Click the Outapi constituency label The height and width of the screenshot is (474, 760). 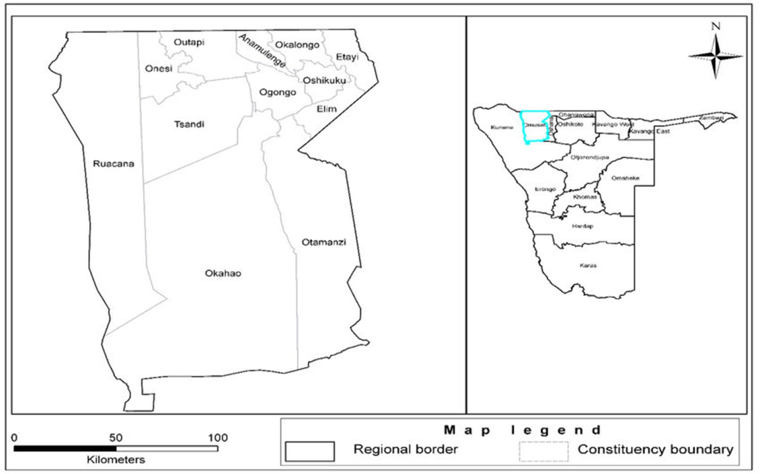(x=189, y=42)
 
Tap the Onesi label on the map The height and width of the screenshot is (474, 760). (x=159, y=69)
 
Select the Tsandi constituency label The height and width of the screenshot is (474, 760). (x=189, y=124)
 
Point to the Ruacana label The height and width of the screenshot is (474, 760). (x=113, y=163)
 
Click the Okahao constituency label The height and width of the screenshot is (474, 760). (x=223, y=273)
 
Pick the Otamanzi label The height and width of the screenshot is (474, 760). (x=324, y=242)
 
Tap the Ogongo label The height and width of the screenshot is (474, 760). (x=277, y=92)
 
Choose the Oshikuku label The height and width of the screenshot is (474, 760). (x=324, y=81)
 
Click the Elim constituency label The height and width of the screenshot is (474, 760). (x=326, y=109)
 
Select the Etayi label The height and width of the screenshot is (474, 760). (x=347, y=57)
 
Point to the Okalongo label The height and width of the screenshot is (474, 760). (x=297, y=45)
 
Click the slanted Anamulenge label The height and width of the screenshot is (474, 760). (x=262, y=51)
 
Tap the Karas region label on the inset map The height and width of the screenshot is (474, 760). (x=588, y=266)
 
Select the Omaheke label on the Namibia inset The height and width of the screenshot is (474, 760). (x=625, y=178)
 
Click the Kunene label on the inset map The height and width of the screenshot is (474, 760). (x=502, y=127)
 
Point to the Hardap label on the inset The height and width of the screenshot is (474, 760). (x=582, y=226)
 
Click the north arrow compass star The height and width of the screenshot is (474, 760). (x=715, y=57)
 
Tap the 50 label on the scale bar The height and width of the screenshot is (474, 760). (x=116, y=438)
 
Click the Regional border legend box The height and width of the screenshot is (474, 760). (x=309, y=451)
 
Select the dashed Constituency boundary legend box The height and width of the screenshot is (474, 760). (x=544, y=451)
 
